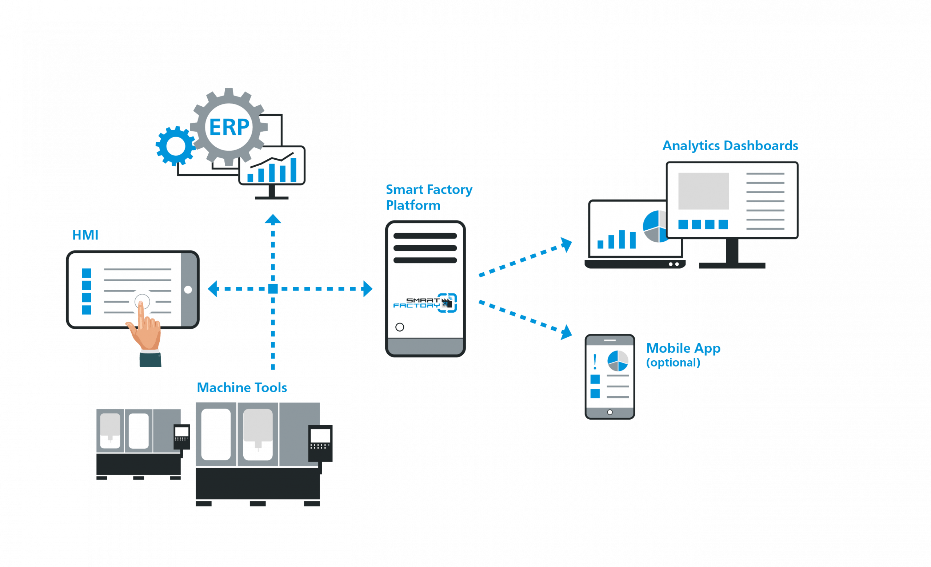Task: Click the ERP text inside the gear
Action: pyautogui.click(x=229, y=127)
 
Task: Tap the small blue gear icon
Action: pyautogui.click(x=175, y=146)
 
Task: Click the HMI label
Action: pyautogui.click(x=85, y=235)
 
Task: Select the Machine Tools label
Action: pyautogui.click(x=242, y=388)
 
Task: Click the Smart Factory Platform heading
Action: pyautogui.click(x=428, y=197)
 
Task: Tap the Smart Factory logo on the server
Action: pyautogui.click(x=425, y=303)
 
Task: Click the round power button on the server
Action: pyautogui.click(x=400, y=327)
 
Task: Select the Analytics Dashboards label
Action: pyautogui.click(x=730, y=146)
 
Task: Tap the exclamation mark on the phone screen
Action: pyautogui.click(x=595, y=362)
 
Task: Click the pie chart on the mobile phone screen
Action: pyautogui.click(x=618, y=361)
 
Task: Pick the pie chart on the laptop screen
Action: pyautogui.click(x=655, y=227)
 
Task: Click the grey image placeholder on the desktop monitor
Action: pyautogui.click(x=704, y=191)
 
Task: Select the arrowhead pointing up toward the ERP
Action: pyautogui.click(x=273, y=219)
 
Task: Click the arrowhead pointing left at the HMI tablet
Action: pyautogui.click(x=213, y=289)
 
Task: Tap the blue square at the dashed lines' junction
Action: pyautogui.click(x=273, y=289)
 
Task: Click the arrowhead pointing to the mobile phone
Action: pyautogui.click(x=566, y=333)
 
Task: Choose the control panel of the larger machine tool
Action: pyautogui.click(x=320, y=443)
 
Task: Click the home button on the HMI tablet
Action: pyautogui.click(x=188, y=290)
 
